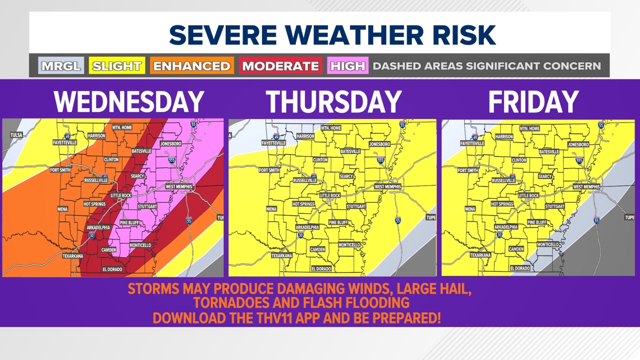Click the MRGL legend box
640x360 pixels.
(x=61, y=66)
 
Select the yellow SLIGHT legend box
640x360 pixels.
(x=117, y=66)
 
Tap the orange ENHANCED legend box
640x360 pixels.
(x=191, y=66)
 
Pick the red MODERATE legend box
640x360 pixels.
(x=280, y=66)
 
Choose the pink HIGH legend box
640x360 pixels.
(x=348, y=66)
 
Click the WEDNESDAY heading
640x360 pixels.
(x=129, y=102)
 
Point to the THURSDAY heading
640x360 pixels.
(x=333, y=102)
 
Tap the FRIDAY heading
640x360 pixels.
(x=533, y=102)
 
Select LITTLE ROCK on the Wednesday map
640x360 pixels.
(x=121, y=195)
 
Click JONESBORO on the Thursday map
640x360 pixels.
(x=380, y=144)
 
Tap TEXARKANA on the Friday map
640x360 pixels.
(x=480, y=255)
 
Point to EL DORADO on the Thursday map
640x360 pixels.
(x=320, y=269)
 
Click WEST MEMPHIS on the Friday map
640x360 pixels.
(x=587, y=186)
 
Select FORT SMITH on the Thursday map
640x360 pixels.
(x=269, y=170)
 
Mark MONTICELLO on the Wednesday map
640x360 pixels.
(x=140, y=245)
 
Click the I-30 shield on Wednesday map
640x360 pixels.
(x=92, y=236)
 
